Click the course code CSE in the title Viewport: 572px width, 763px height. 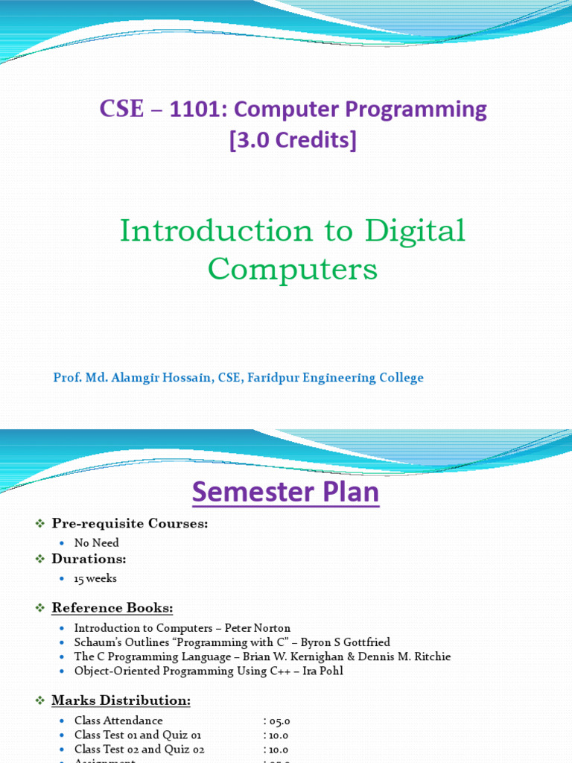coord(121,110)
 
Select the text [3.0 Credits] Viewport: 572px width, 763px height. coord(293,140)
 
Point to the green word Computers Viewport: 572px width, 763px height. coord(293,268)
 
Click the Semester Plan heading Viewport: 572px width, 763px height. coord(286,493)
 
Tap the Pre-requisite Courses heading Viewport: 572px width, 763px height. coord(130,524)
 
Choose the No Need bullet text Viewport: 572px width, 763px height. coord(96,543)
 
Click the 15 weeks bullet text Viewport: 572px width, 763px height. coord(95,578)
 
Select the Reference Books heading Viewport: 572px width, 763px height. coord(112,608)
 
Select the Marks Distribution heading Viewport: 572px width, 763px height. coord(121,700)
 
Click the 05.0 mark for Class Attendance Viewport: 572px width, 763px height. coord(279,721)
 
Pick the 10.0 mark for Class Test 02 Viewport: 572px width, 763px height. coord(279,750)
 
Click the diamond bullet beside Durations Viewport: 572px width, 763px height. coord(41,559)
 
